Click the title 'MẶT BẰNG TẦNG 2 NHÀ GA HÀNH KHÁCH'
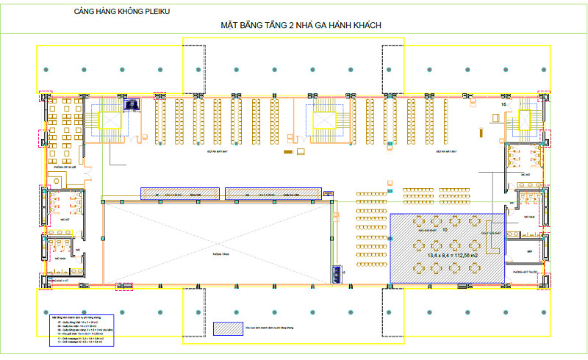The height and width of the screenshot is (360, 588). click(301, 26)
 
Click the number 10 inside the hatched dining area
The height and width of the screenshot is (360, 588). click(444, 230)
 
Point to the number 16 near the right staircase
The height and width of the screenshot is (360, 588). click(504, 105)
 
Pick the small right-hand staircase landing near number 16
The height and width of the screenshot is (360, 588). click(526, 118)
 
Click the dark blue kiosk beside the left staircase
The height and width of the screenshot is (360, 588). click(132, 105)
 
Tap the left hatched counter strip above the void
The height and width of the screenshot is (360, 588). click(180, 192)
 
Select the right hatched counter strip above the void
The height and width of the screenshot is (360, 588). click(273, 192)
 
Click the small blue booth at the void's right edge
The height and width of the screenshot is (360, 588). click(337, 273)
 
